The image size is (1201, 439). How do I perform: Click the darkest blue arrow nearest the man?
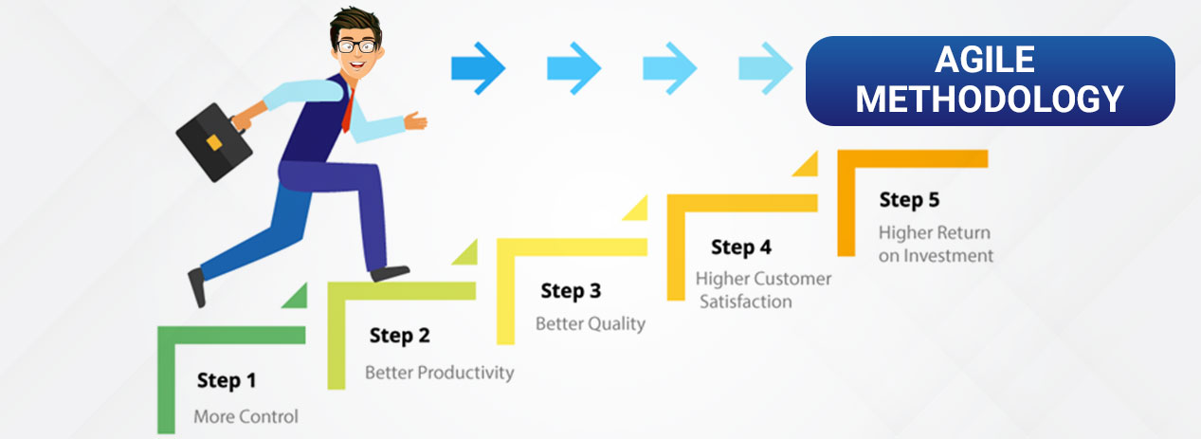[478, 67]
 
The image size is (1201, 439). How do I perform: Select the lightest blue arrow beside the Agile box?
[766, 67]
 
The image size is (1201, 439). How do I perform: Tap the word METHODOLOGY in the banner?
[990, 99]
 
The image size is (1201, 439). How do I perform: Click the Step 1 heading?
[227, 381]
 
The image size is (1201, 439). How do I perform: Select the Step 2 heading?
[399, 335]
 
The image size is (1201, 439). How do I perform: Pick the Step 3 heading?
[571, 290]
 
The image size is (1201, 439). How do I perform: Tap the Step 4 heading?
[740, 247]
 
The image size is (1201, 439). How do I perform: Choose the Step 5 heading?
[909, 200]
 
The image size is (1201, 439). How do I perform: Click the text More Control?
[246, 416]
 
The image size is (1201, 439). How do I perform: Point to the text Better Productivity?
[440, 373]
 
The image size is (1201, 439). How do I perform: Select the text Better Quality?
[590, 323]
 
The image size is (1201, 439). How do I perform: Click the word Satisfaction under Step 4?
[746, 302]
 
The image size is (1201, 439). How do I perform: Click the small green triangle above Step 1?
[295, 296]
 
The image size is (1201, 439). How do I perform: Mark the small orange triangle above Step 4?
[806, 164]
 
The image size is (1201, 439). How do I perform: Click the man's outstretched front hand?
[414, 120]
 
